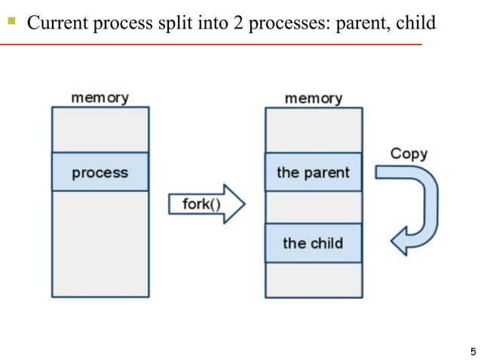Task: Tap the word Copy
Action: pos(409,154)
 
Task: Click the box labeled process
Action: pos(100,172)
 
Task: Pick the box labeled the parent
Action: pos(313,172)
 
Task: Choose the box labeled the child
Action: pos(313,243)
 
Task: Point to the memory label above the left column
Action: pos(100,98)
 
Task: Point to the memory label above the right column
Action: pos(313,98)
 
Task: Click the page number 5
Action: pos(472,351)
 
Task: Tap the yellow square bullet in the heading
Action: pos(11,22)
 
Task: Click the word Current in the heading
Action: pos(57,23)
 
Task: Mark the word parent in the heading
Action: pos(363,23)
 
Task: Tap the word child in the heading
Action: pos(415,23)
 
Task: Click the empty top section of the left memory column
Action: pos(100,130)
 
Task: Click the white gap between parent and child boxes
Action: pos(313,206)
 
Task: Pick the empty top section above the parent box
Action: pos(313,130)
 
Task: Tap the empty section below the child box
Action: pos(313,279)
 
